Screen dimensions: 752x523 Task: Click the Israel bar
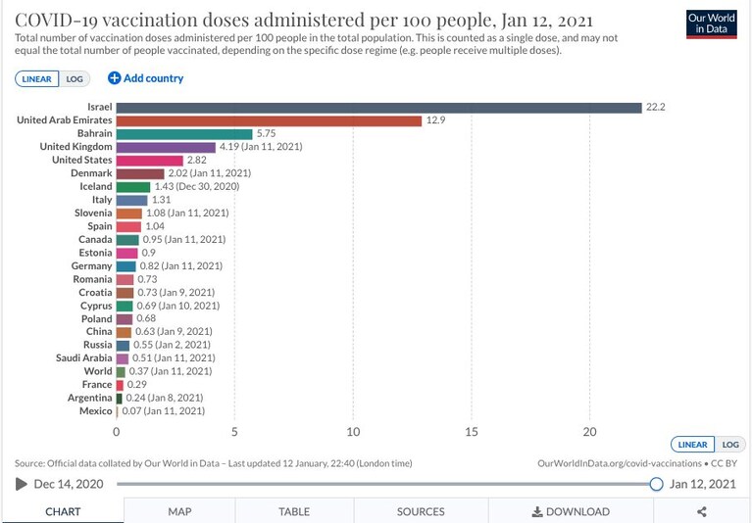pyautogui.click(x=378, y=108)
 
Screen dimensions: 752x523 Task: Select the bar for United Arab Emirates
pyautogui.click(x=269, y=120)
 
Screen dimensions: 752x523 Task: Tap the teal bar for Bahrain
pyautogui.click(x=184, y=134)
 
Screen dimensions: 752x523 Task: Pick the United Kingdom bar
pyautogui.click(x=166, y=147)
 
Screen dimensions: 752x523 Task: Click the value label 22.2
pyautogui.click(x=656, y=108)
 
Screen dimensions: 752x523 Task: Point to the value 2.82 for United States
pyautogui.click(x=197, y=160)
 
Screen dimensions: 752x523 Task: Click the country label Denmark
pyautogui.click(x=91, y=173)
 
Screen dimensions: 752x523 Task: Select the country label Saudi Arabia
pyautogui.click(x=84, y=357)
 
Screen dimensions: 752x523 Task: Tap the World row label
pyautogui.click(x=98, y=371)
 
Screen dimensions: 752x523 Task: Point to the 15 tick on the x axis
pyautogui.click(x=472, y=432)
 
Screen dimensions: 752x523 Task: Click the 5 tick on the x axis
pyautogui.click(x=234, y=432)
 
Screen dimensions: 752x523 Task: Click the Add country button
pyautogui.click(x=146, y=78)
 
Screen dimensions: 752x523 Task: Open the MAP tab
pyautogui.click(x=179, y=511)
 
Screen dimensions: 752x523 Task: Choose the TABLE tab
pyautogui.click(x=294, y=511)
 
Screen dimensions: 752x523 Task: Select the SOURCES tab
pyautogui.click(x=421, y=511)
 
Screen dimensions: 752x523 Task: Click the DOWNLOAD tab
pyautogui.click(x=571, y=511)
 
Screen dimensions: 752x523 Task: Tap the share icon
pyautogui.click(x=702, y=511)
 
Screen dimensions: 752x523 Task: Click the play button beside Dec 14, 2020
pyautogui.click(x=22, y=484)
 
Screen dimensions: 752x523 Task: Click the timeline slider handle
pyautogui.click(x=656, y=484)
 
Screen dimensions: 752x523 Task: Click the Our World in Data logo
pyautogui.click(x=711, y=24)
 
